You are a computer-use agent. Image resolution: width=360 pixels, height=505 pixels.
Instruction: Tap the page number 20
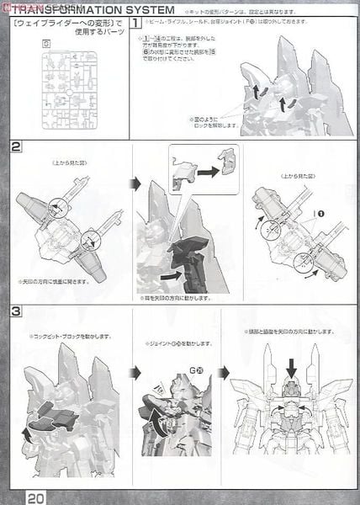[34, 496]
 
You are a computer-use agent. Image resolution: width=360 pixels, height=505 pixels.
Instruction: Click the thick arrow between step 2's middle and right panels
[239, 223]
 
